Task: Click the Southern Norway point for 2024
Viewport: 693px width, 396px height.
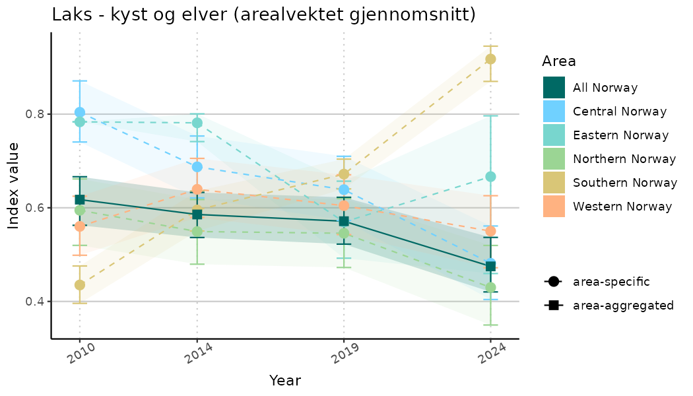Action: (x=490, y=59)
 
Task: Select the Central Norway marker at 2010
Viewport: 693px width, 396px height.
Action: (x=80, y=112)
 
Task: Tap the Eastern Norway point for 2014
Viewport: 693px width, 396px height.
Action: (x=197, y=123)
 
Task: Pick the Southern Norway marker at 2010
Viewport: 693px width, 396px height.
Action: (x=80, y=285)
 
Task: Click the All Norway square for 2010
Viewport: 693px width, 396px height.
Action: (x=80, y=199)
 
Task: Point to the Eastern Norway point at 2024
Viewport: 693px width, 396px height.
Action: (x=490, y=176)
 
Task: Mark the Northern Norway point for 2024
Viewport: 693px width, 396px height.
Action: (x=490, y=288)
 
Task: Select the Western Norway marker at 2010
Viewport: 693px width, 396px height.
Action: (x=80, y=226)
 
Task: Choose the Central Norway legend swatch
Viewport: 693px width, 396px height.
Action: (x=554, y=112)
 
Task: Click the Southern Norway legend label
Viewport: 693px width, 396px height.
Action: (x=624, y=183)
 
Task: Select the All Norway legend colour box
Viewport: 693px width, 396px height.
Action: (x=554, y=88)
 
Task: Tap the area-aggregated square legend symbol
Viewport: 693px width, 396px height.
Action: (x=552, y=306)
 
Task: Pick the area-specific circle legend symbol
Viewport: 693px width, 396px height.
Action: (x=552, y=282)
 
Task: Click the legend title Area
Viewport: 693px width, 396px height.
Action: (x=558, y=61)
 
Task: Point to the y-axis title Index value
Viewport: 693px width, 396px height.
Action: (x=13, y=185)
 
